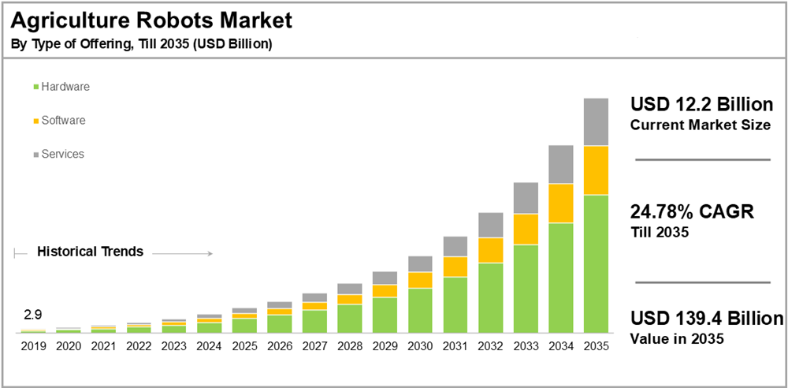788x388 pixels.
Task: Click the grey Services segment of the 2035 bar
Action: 595,122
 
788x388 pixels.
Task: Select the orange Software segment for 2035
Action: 595,170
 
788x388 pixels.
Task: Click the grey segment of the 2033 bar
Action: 526,198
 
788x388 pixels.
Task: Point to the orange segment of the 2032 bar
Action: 491,250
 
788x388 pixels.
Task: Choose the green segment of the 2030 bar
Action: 420,310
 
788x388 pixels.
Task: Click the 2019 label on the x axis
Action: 33,345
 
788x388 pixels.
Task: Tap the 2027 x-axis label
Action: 314,345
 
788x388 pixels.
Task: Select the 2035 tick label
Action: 595,345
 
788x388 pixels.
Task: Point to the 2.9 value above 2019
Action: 33,315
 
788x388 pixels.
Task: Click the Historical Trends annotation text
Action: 90,252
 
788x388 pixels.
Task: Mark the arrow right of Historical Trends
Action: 183,253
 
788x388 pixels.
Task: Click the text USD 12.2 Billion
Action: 699,105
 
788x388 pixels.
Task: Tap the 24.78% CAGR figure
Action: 693,211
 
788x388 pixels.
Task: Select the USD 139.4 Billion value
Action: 707,319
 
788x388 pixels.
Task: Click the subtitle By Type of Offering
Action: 142,44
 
